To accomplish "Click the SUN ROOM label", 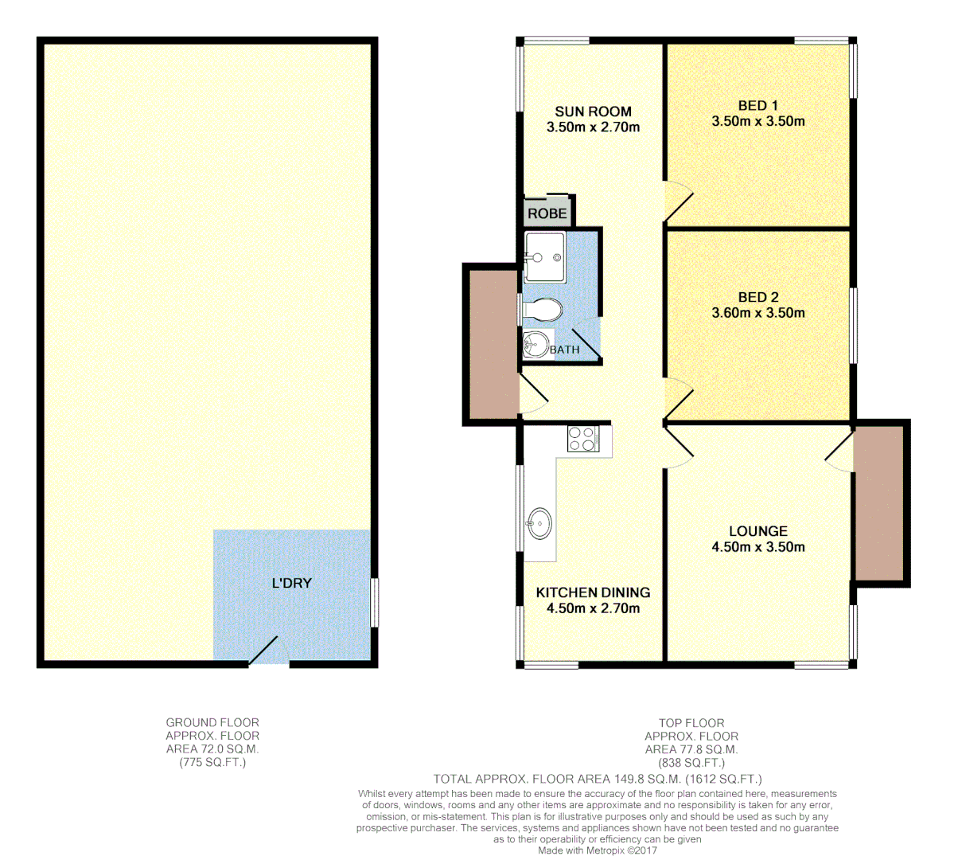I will pyautogui.click(x=593, y=111).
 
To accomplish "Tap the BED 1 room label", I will pyautogui.click(x=757, y=105).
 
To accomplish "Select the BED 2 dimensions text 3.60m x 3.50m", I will pyautogui.click(x=757, y=313).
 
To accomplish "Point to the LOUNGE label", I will pyautogui.click(x=757, y=531).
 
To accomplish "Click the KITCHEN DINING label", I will pyautogui.click(x=593, y=592).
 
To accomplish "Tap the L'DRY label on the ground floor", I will pyautogui.click(x=292, y=583).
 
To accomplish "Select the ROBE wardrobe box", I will pyautogui.click(x=547, y=213).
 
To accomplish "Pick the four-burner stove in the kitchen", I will pyautogui.click(x=582, y=439).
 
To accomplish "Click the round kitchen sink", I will pyautogui.click(x=539, y=523).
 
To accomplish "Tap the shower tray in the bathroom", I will pyautogui.click(x=544, y=256).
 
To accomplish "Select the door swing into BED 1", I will pyautogui.click(x=678, y=201).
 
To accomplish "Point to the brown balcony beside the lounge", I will pyautogui.click(x=878, y=502).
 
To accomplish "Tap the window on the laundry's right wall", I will pyautogui.click(x=375, y=601).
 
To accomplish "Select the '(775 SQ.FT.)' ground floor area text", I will pyautogui.click(x=212, y=763).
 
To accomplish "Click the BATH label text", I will pyautogui.click(x=565, y=350).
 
